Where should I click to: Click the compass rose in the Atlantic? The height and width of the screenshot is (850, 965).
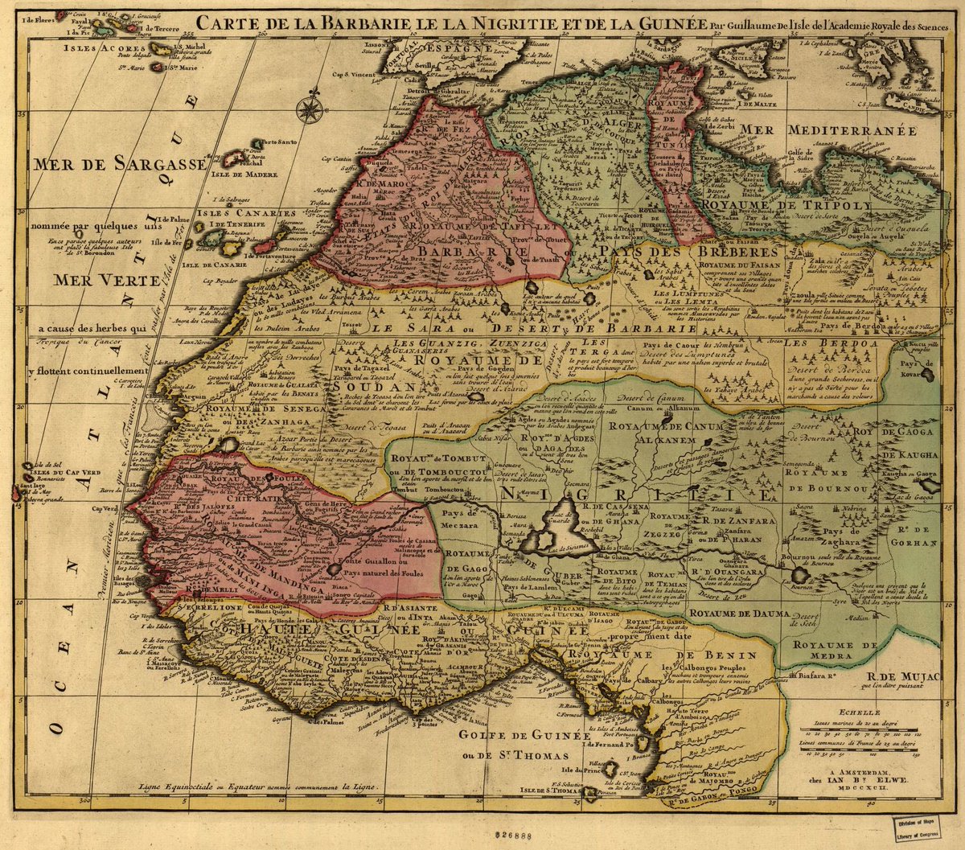coord(309,109)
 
